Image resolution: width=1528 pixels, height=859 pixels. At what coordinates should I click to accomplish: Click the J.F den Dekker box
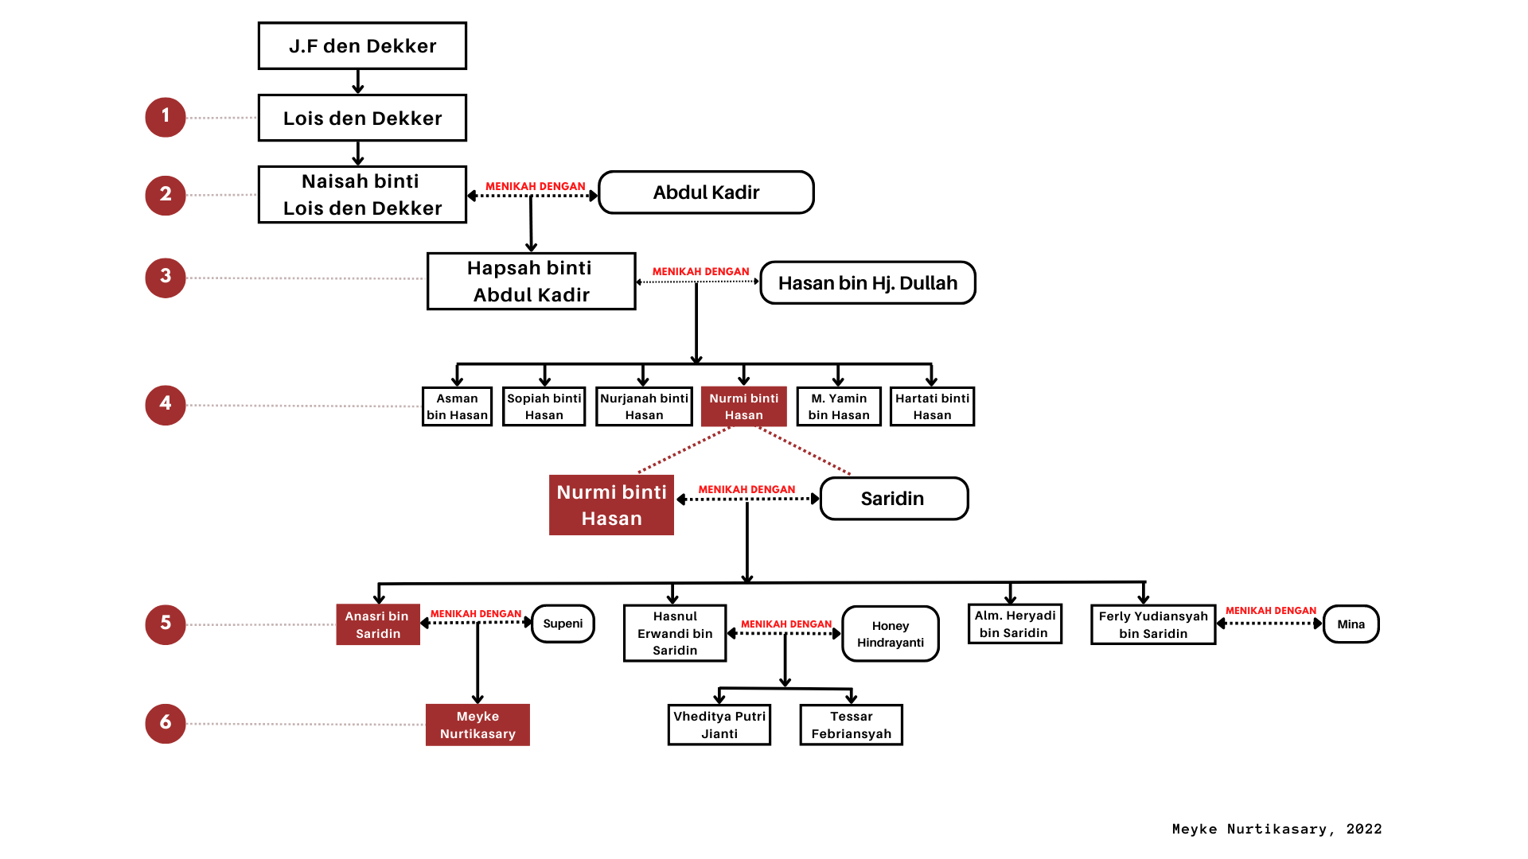362,46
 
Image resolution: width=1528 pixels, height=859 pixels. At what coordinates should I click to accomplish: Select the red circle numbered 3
166,277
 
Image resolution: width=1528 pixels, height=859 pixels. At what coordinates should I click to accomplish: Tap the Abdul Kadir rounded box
706,192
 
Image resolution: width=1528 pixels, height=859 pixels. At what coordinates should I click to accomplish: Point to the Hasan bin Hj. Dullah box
867,283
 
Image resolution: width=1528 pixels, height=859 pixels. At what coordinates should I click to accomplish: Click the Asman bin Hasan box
457,406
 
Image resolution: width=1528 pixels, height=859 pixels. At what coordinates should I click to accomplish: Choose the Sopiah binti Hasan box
544,406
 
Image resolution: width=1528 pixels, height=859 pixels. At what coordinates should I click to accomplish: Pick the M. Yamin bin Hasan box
839,406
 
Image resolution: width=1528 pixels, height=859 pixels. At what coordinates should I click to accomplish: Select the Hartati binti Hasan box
932,406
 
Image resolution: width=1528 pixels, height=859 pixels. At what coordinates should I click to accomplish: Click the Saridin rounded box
893,499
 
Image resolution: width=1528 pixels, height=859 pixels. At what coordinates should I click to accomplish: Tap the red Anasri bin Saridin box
378,624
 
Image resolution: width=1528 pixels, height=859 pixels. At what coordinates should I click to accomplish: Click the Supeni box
563,624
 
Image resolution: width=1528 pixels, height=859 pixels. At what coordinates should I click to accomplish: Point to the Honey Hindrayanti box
891,634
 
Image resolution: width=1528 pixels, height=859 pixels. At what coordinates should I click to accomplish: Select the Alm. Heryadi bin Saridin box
1015,624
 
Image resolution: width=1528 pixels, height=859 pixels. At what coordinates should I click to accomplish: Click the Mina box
1351,624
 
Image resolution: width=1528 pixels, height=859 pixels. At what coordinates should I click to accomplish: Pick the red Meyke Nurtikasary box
477,725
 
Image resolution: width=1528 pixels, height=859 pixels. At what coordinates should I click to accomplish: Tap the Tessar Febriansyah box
851,725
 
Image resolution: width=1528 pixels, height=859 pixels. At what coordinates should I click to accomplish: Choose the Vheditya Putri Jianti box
719,725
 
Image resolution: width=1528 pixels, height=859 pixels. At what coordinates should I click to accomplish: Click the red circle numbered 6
166,722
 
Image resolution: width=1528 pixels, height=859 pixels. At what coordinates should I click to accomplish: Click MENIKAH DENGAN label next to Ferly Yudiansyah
1270,611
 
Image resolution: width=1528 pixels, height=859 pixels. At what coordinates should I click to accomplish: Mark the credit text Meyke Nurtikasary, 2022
1277,829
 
